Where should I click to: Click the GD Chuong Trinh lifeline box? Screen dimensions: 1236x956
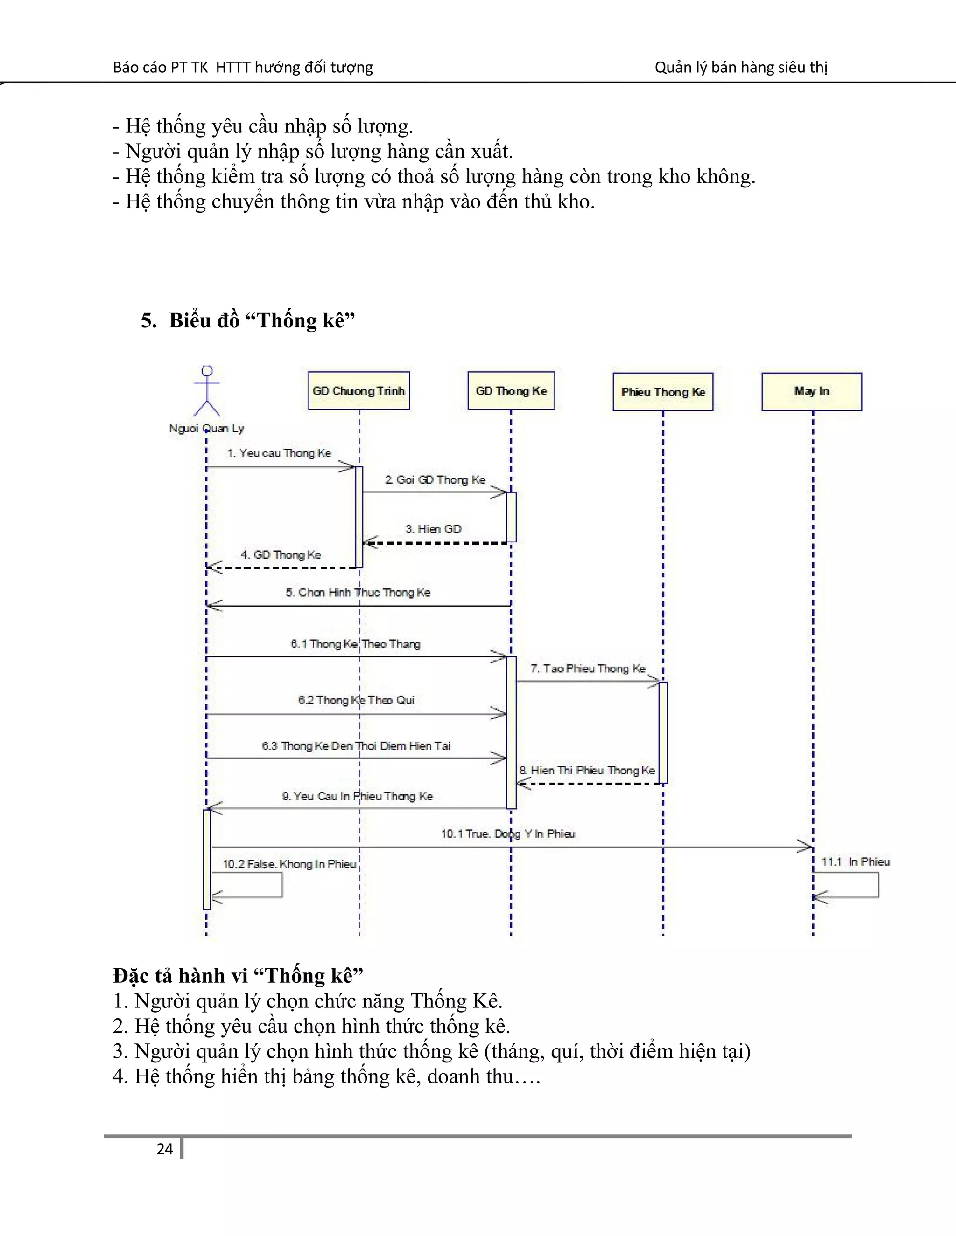pos(358,390)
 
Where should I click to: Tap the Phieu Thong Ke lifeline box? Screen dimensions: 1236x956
pos(663,392)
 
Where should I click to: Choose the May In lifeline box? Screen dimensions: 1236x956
pos(812,391)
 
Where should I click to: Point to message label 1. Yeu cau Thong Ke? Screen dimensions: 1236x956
pos(279,453)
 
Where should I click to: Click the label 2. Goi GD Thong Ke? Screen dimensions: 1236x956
pos(435,480)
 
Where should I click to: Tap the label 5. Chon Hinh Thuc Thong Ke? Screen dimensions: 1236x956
pos(358,592)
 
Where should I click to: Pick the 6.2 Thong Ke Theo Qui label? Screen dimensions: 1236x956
pos(356,700)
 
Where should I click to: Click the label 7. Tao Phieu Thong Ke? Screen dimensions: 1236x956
pos(588,668)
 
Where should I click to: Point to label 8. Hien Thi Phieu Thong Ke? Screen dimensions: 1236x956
pos(587,770)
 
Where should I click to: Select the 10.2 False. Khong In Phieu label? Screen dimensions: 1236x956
pos(289,864)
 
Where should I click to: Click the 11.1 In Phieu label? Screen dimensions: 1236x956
pos(855,862)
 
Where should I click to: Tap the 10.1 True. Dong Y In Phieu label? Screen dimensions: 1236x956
pos(508,833)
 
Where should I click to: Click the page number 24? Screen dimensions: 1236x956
pos(165,1149)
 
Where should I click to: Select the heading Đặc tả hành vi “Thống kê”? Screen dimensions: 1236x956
pos(238,975)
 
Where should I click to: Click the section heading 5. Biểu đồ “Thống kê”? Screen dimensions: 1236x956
pos(247,320)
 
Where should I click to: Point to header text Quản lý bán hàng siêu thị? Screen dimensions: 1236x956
pos(741,67)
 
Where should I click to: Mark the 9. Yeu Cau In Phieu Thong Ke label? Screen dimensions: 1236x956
pos(358,796)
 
